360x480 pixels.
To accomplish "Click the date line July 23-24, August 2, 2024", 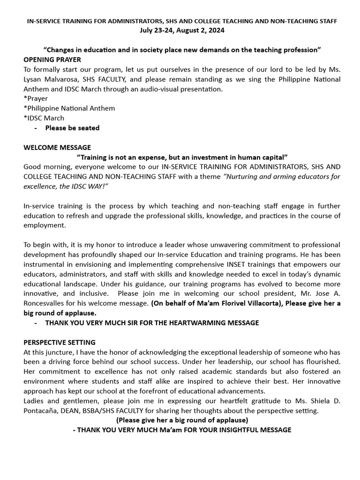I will [182, 30].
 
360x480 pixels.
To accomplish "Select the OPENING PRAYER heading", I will [52, 60].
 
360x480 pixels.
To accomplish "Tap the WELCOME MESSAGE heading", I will [57, 147].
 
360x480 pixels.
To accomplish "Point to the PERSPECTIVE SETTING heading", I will [60, 342].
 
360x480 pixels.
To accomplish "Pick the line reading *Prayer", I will [36, 98].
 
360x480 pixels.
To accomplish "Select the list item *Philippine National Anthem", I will [69, 108].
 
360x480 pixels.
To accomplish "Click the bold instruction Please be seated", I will [72, 127].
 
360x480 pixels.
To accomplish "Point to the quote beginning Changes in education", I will [182, 50].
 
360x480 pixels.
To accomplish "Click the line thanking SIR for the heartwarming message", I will [151, 323].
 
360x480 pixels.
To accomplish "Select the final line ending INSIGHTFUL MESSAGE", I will [182, 430].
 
